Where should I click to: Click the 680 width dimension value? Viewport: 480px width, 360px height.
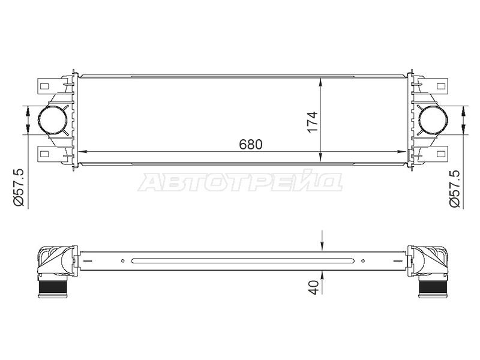(251, 145)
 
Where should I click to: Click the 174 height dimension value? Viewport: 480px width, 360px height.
(313, 122)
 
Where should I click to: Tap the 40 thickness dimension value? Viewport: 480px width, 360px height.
(314, 287)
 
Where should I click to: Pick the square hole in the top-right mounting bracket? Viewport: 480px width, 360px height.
(441, 86)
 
